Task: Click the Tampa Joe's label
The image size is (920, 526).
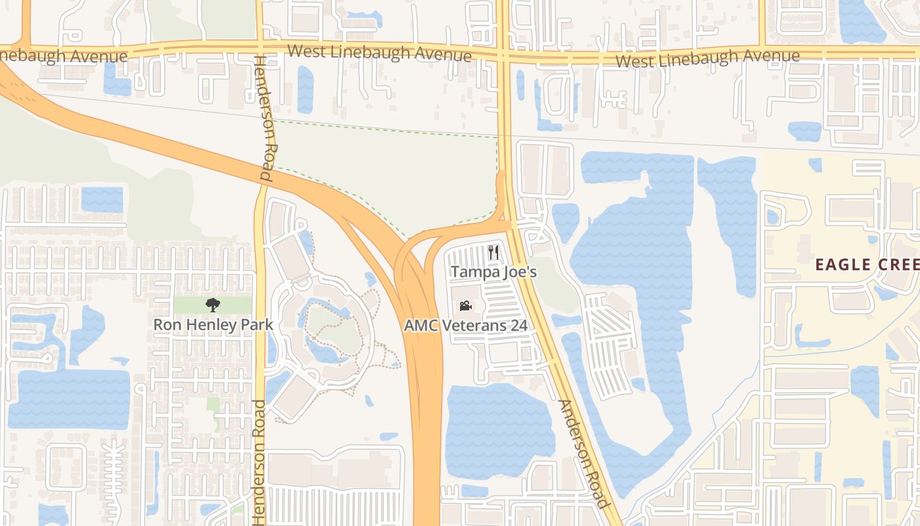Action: point(494,272)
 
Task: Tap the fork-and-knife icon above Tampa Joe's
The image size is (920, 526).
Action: point(494,252)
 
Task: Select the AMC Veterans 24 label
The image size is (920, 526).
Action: point(465,325)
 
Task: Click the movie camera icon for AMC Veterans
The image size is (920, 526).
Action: point(465,306)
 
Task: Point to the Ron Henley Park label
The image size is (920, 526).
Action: point(213,324)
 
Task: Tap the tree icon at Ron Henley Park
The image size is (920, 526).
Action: point(212,304)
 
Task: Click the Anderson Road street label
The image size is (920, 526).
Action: point(582,454)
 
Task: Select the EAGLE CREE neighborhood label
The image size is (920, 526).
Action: point(867,265)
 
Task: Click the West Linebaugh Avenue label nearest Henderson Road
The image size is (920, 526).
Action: point(379,53)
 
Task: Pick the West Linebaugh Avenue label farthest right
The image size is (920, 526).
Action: point(708,59)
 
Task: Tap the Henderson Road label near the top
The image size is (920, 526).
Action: point(264,119)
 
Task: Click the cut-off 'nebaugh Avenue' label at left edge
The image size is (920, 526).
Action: point(63,55)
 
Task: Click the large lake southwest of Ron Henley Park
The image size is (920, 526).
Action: point(68,398)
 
